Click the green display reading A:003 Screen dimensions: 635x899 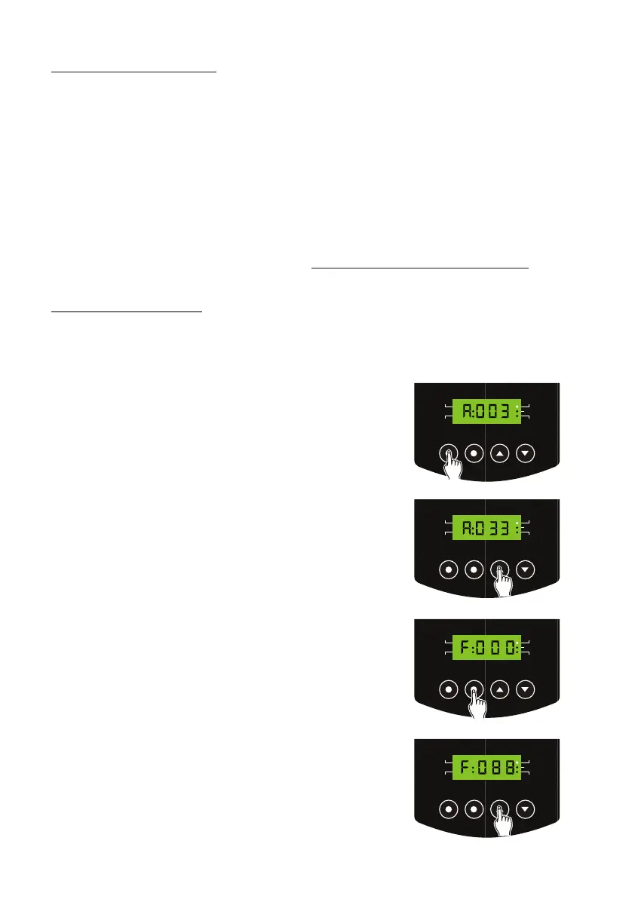click(486, 412)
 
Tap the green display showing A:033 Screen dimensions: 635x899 click(486, 528)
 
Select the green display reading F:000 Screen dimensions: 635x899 click(486, 646)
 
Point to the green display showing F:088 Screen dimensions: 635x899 click(486, 767)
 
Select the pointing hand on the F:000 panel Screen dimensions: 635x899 click(477, 701)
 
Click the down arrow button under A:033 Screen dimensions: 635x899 click(526, 569)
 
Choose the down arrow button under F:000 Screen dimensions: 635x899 click(526, 689)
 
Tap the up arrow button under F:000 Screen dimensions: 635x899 click(499, 689)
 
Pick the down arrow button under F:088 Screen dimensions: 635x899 click(526, 808)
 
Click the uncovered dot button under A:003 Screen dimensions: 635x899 click(474, 453)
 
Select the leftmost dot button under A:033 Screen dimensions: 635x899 click(448, 569)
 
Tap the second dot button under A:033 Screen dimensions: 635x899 click(474, 569)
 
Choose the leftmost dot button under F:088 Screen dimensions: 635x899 click(448, 808)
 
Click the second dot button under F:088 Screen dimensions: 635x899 click(474, 808)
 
